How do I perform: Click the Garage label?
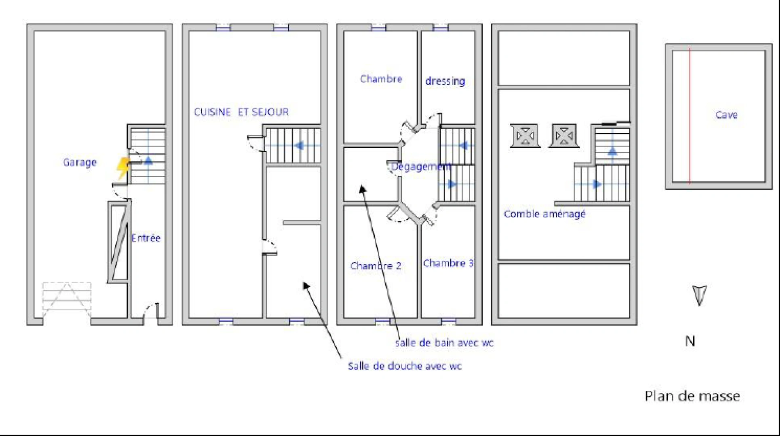coord(80,162)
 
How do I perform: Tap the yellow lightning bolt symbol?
coord(122,168)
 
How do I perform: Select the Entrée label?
coord(146,238)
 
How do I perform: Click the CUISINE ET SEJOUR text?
coord(241,112)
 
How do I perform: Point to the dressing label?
coord(445,81)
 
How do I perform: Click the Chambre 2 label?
coord(376,266)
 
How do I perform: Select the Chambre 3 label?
coord(448,263)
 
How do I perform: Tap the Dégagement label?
coord(420,166)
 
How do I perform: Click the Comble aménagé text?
coord(544,214)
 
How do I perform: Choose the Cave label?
coord(726,115)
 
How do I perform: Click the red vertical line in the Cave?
coord(690,117)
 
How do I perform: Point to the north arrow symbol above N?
coord(699,295)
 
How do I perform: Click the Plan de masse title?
coord(692,396)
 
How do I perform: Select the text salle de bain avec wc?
coord(444,343)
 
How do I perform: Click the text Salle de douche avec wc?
coord(404,366)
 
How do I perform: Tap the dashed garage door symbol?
coord(67,299)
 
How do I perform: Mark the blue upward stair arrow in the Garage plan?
coord(148,161)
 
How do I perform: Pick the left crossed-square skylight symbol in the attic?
coord(525,136)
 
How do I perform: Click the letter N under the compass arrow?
coord(690,341)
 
